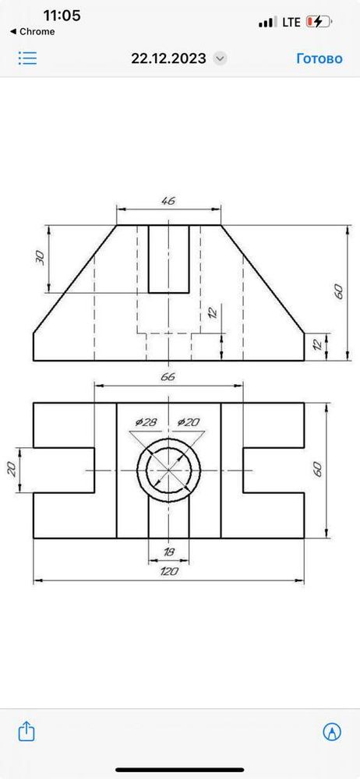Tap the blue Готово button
click(319, 58)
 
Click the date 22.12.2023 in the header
click(168, 58)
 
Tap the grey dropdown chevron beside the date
click(220, 58)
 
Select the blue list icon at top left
click(27, 58)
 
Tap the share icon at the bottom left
click(26, 731)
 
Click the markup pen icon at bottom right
click(332, 731)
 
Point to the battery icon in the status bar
click(319, 22)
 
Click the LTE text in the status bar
click(291, 23)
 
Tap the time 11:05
click(62, 16)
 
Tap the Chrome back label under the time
click(33, 32)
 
